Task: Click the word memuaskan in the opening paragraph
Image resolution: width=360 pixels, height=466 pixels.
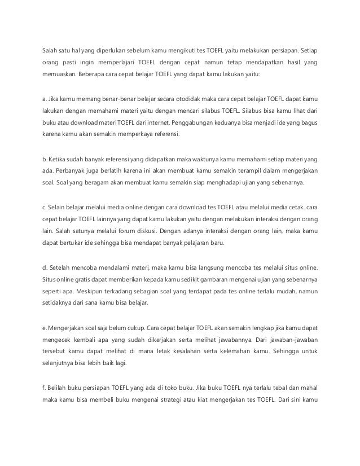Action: [x=59, y=74]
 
